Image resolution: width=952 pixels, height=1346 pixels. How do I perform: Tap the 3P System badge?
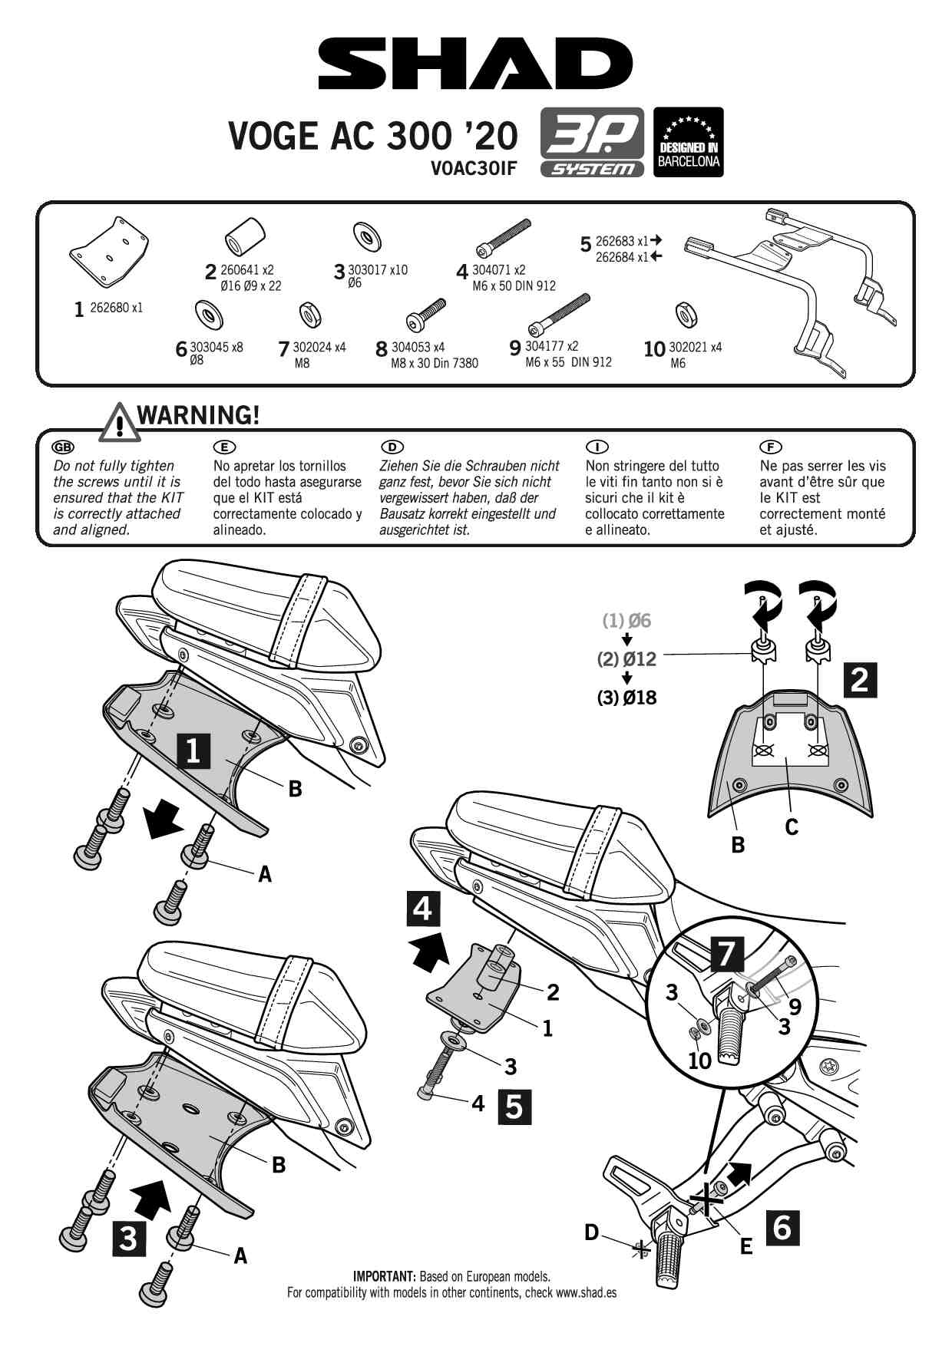click(x=592, y=142)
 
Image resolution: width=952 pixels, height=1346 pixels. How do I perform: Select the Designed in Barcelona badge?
click(x=688, y=142)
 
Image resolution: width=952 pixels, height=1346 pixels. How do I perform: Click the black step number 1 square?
click(x=193, y=751)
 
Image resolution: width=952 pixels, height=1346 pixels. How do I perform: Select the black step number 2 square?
click(x=860, y=680)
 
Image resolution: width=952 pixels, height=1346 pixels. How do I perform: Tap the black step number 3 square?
click(x=128, y=1238)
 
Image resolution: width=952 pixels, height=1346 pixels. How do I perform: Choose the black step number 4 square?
click(x=422, y=909)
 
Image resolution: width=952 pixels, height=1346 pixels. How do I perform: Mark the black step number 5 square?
click(x=514, y=1107)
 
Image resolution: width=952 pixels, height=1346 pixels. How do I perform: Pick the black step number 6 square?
click(x=782, y=1227)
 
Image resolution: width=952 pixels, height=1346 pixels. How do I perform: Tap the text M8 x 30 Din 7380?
click(x=435, y=363)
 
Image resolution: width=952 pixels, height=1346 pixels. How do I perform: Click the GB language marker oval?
click(x=63, y=447)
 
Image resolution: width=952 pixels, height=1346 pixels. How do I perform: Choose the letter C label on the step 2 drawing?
click(x=792, y=826)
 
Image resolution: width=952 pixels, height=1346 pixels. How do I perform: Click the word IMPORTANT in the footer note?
click(x=384, y=1277)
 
